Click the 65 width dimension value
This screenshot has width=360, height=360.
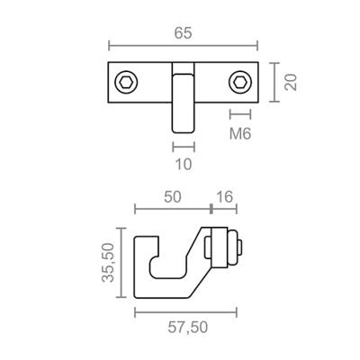[x=183, y=32]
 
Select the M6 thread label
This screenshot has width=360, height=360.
[x=239, y=134]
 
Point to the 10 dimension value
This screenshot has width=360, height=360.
[x=183, y=164]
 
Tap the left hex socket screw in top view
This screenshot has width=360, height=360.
[x=125, y=82]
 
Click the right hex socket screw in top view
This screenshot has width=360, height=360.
[x=239, y=82]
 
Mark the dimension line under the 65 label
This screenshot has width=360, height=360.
[x=183, y=46]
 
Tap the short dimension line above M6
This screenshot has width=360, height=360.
[x=239, y=114]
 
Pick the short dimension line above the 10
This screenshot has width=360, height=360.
[x=183, y=145]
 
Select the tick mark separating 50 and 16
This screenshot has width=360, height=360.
[x=211, y=208]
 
